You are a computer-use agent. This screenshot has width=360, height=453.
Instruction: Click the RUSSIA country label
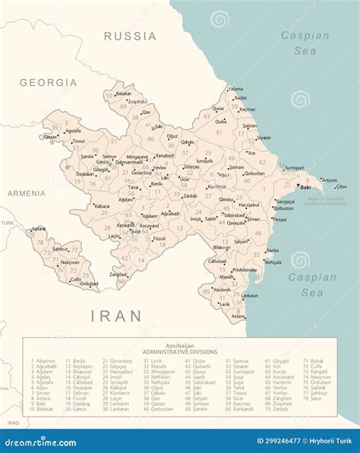pos(130,36)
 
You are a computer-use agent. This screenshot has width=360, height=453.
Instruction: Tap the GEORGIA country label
pos(49,82)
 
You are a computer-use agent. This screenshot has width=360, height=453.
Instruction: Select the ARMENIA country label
pos(27,193)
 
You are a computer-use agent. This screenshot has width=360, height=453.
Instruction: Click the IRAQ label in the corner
pos(12,420)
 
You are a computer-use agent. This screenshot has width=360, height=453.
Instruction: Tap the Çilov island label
pos(341,186)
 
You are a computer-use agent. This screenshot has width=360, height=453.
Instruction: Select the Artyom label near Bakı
pos(330,179)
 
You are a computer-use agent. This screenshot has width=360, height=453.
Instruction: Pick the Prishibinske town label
pos(244,269)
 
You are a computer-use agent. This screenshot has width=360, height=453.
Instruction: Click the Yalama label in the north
pos(236,89)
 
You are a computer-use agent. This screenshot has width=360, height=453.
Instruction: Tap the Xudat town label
pos(240,98)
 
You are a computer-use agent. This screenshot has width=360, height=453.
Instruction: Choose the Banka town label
pos(272,249)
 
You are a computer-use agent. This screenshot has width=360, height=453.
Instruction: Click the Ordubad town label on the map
pos(90,284)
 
